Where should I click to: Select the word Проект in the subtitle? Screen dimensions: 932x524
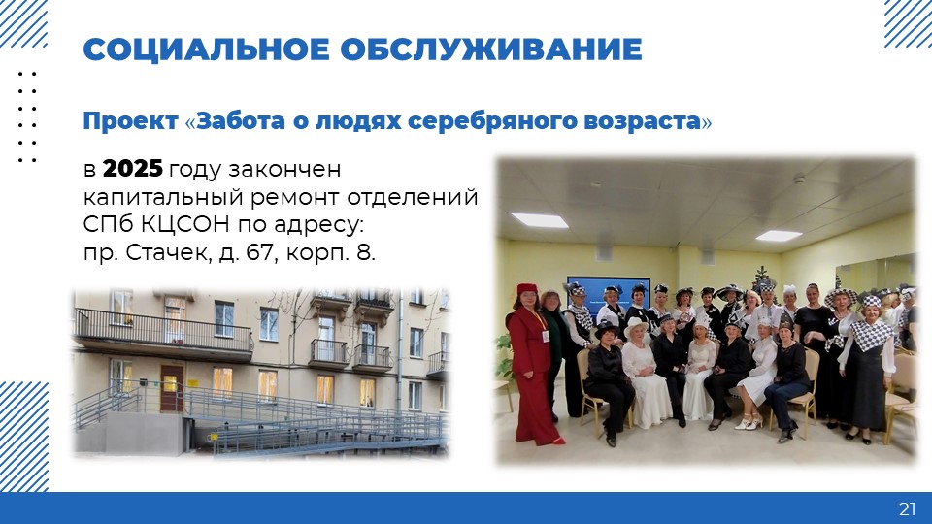pos(130,121)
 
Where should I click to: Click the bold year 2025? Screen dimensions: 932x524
pos(133,169)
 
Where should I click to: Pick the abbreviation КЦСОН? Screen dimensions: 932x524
pos(185,225)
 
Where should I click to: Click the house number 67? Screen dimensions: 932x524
pos(261,253)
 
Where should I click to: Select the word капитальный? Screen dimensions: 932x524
pos(163,198)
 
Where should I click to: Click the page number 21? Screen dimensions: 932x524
pos(907,509)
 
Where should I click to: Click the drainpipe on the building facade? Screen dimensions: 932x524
pos(400,350)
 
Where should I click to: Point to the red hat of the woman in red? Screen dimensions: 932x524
pos(526,290)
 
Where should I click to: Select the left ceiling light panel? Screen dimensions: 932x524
pos(539,220)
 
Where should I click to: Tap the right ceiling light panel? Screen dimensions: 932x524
pos(779,236)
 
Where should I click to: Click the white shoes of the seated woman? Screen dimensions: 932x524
pos(749,422)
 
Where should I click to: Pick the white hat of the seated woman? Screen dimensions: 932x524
pos(636,326)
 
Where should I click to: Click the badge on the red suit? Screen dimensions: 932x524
pos(545,336)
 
